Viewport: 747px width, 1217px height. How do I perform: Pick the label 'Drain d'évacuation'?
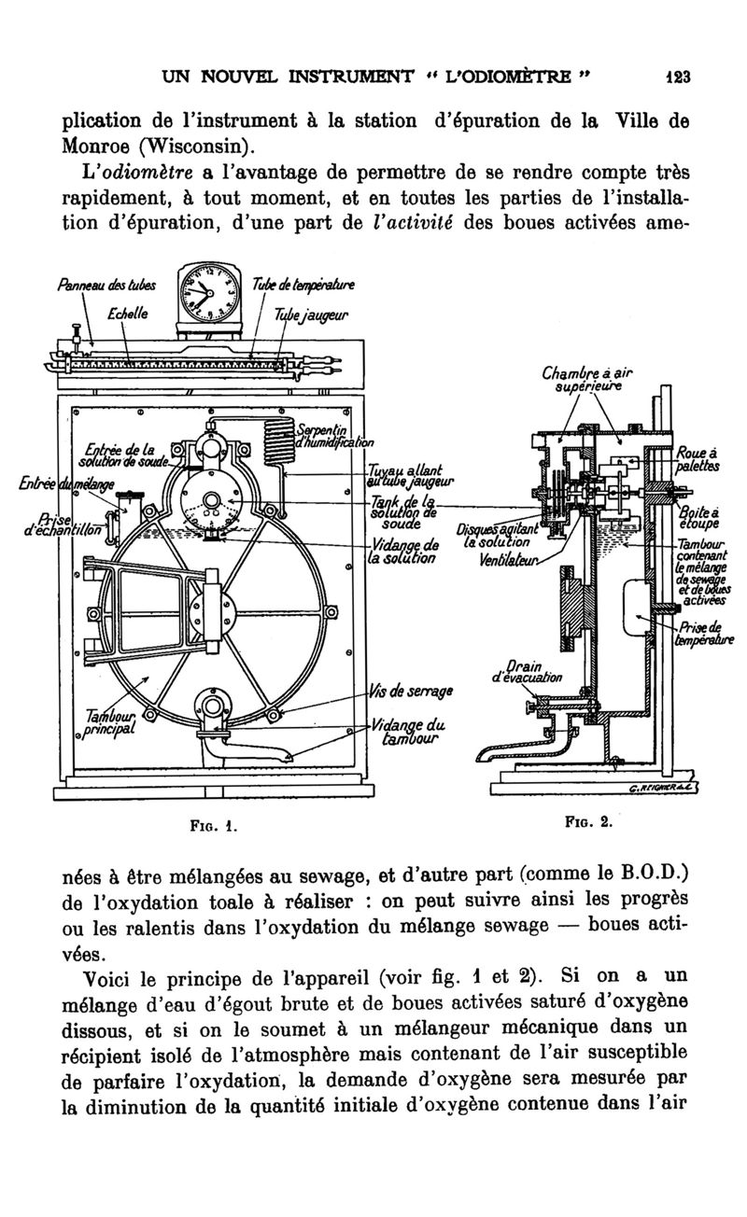click(520, 672)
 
